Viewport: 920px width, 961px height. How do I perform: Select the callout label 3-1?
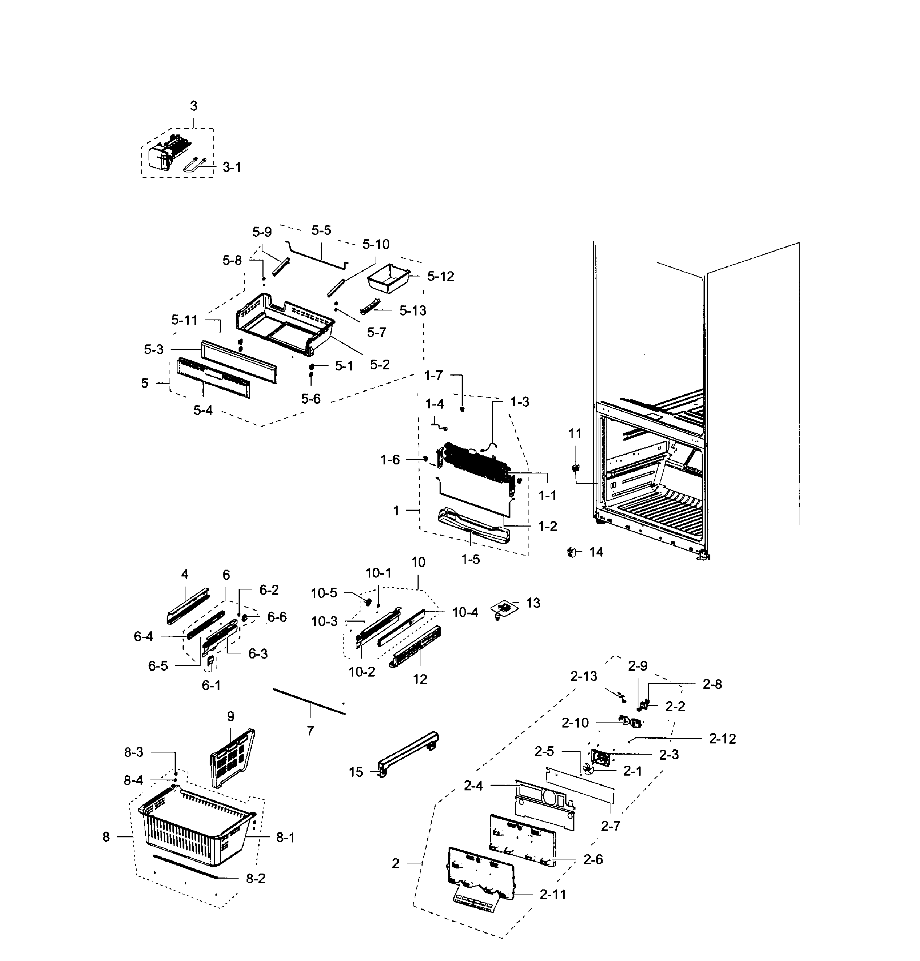click(x=232, y=168)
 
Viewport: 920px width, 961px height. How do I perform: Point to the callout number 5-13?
click(x=412, y=310)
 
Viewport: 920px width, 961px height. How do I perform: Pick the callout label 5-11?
click(x=184, y=320)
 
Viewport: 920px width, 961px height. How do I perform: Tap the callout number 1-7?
click(x=433, y=376)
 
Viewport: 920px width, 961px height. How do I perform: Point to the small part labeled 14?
click(x=571, y=552)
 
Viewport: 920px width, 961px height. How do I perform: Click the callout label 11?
click(x=575, y=433)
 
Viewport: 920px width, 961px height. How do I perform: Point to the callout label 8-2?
click(x=256, y=879)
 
